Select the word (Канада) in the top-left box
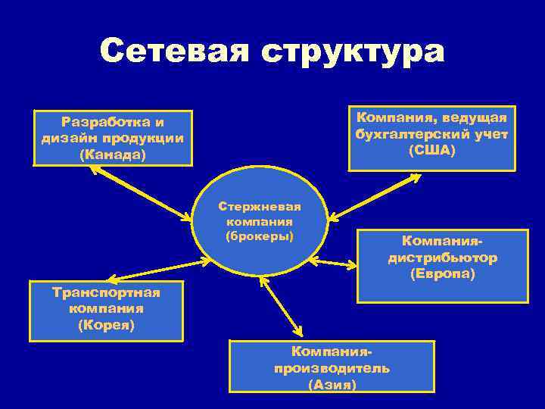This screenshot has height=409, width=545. pos(112,155)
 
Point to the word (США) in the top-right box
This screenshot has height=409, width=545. pos(431,151)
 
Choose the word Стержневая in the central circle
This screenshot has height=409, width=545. pos(260,206)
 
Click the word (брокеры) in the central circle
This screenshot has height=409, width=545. pos(260,236)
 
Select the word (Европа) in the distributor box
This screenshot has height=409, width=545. pos(443,274)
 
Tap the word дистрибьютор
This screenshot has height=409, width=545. pos(443,258)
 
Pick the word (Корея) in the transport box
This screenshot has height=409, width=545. pos(106,325)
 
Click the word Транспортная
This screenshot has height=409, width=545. pos(106,292)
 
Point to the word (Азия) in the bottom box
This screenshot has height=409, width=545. pos(332,385)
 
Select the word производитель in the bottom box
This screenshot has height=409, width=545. pos(332,369)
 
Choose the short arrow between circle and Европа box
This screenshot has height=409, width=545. pos(334,264)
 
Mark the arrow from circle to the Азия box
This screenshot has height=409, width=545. pos(281,306)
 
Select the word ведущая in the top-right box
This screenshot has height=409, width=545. pos(477,118)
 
